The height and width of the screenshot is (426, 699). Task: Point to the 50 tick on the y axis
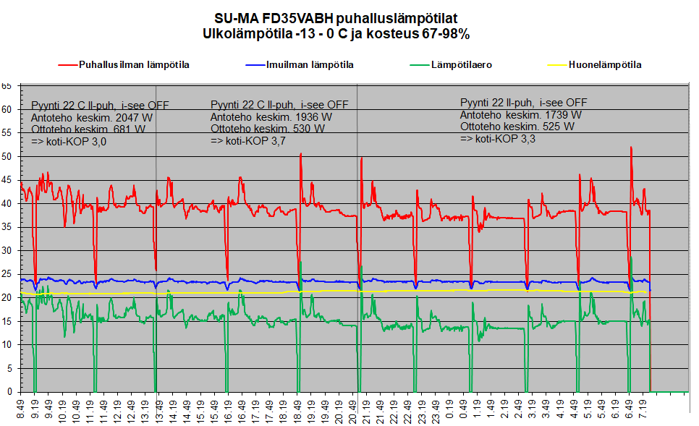click(7, 156)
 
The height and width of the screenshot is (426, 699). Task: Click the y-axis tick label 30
click(7, 250)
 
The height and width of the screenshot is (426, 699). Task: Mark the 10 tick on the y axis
click(7, 344)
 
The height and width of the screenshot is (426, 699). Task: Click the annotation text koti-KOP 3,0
click(69, 142)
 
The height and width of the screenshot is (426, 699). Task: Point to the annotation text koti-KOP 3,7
click(248, 141)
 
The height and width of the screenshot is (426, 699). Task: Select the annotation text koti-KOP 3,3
click(498, 138)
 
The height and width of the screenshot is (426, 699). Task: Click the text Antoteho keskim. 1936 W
click(271, 116)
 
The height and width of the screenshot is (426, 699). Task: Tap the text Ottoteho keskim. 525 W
click(517, 126)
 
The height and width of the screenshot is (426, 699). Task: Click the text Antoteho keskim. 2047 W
click(92, 117)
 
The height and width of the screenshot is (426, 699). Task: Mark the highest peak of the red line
click(631, 148)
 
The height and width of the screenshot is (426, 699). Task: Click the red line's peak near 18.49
click(300, 154)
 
